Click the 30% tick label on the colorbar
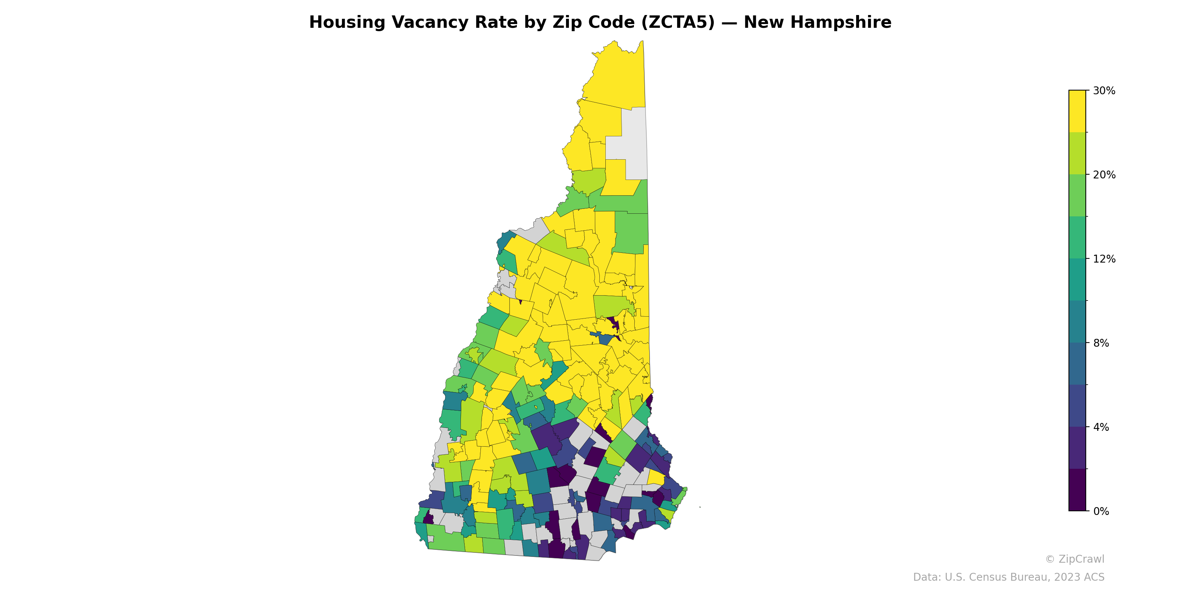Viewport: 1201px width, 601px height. click(x=1104, y=91)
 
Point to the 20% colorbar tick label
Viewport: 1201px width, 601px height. click(x=1104, y=175)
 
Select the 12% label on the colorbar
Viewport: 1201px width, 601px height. click(x=1104, y=259)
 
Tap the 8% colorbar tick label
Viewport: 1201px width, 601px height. click(x=1101, y=343)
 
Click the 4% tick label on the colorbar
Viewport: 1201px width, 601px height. click(x=1101, y=427)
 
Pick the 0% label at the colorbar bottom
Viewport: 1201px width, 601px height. click(x=1101, y=511)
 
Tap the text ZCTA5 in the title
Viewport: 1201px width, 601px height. click(x=677, y=23)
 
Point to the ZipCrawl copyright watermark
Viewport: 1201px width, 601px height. click(x=1074, y=559)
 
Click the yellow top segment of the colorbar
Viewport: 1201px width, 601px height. click(x=1077, y=111)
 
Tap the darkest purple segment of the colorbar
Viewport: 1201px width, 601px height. click(x=1077, y=490)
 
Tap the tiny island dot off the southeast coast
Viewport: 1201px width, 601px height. click(x=700, y=507)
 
